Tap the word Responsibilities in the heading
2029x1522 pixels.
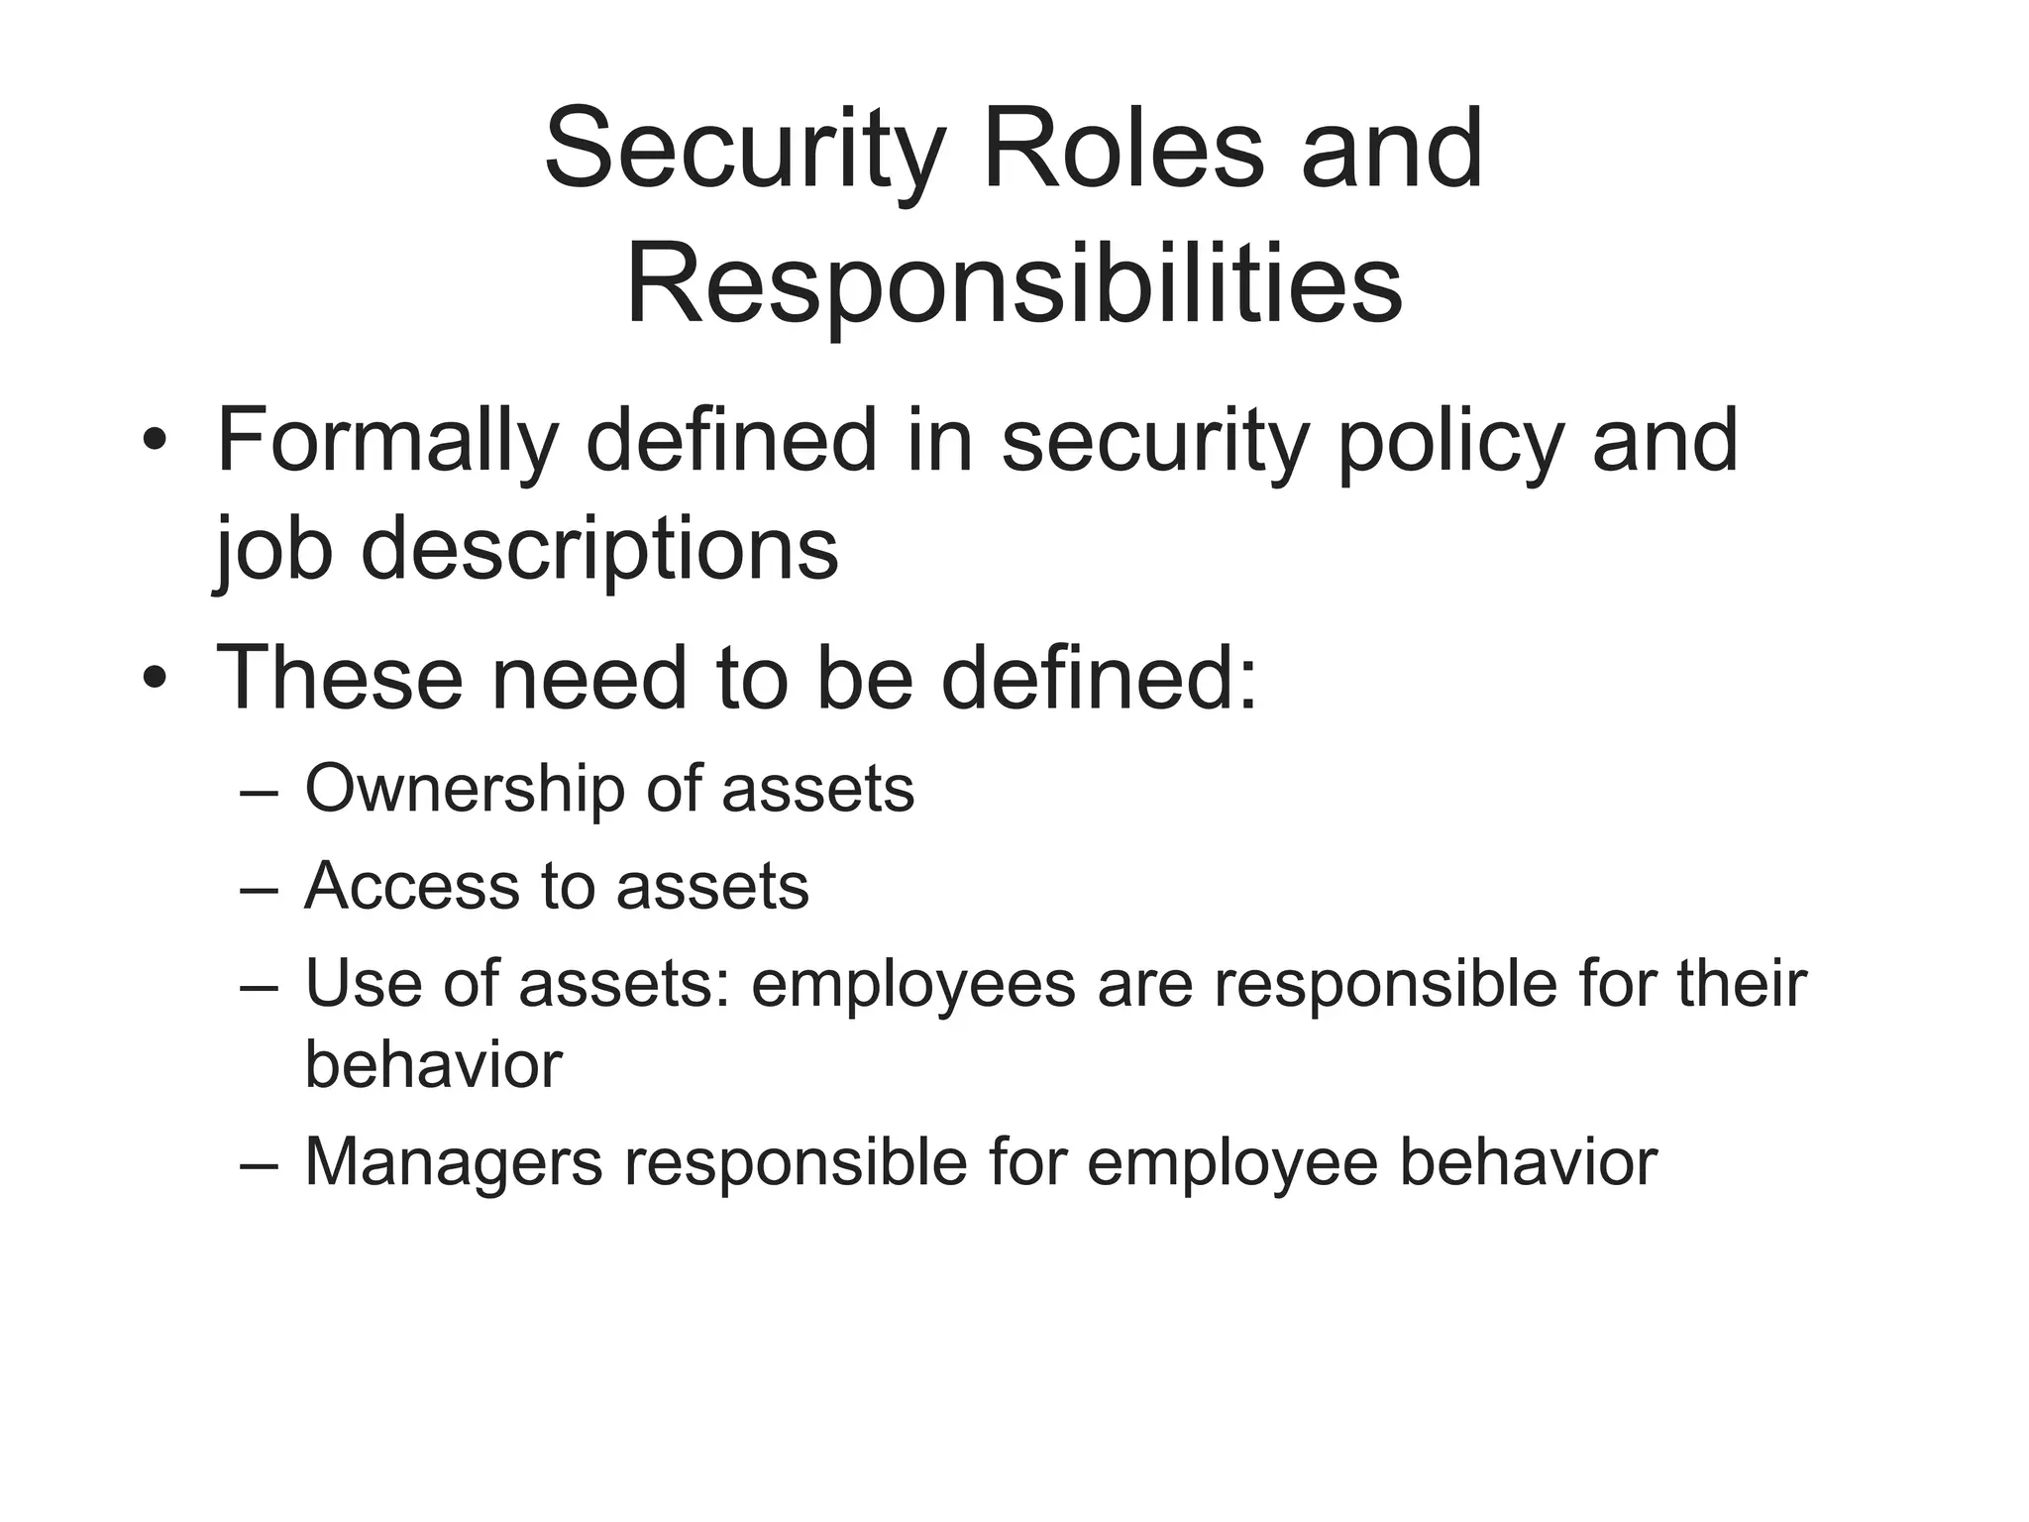tap(1014, 284)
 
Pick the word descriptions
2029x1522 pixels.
tap(599, 550)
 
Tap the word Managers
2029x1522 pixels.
tap(453, 1162)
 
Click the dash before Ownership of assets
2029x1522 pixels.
tap(259, 794)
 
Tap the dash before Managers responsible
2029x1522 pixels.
tap(259, 1165)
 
